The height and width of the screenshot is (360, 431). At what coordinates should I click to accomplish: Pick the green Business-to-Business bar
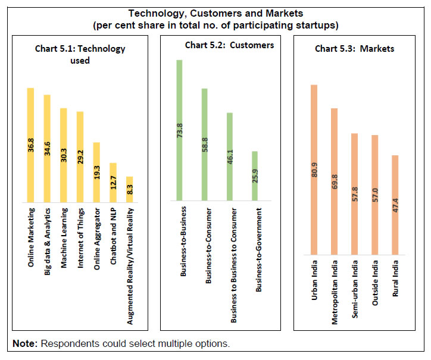pyautogui.click(x=179, y=130)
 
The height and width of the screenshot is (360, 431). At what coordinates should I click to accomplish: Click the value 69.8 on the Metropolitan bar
pyautogui.click(x=334, y=179)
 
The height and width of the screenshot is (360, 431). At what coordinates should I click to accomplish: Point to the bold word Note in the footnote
pyautogui.click(x=24, y=345)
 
